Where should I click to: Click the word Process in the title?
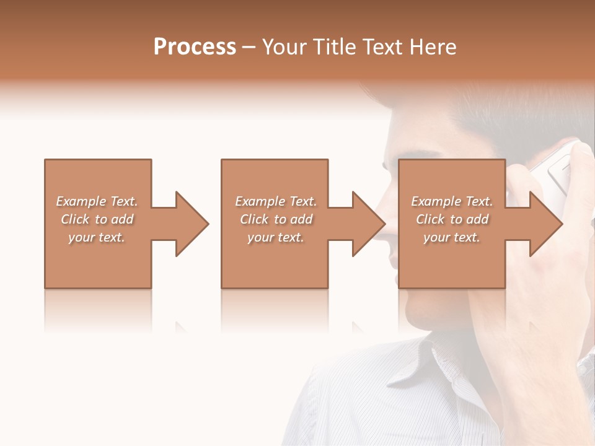point(195,47)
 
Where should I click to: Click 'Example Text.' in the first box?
point(97,201)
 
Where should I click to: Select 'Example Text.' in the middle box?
point(276,201)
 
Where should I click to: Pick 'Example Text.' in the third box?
point(452,201)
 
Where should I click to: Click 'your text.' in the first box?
point(97,237)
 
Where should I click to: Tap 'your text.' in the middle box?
point(276,237)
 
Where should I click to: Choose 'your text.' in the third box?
point(452,237)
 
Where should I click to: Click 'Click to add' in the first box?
point(97,219)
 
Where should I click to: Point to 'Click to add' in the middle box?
point(276,219)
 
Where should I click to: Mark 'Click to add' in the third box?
point(452,219)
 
